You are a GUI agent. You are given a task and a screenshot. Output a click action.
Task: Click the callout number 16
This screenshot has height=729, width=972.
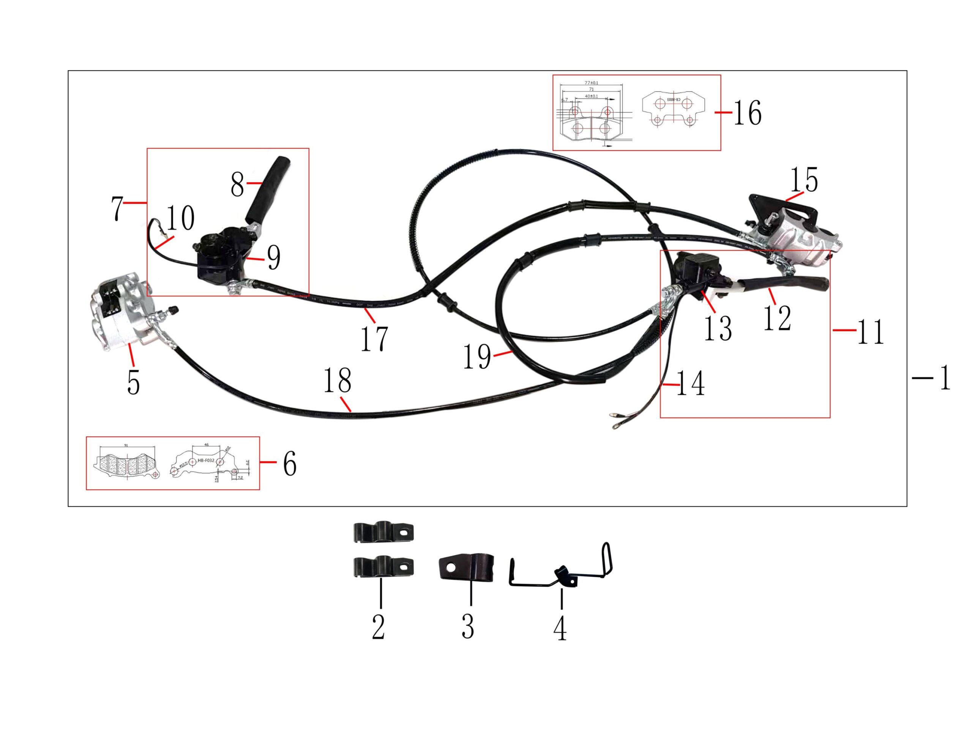748,113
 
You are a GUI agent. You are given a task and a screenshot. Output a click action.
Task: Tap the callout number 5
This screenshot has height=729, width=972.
134,382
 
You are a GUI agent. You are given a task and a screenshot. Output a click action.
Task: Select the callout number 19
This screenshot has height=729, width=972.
477,357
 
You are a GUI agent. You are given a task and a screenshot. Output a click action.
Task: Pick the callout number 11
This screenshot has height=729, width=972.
870,332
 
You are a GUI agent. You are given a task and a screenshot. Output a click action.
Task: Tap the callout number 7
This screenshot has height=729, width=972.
117,208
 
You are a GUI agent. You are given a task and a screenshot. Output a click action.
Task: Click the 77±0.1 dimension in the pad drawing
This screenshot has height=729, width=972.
592,83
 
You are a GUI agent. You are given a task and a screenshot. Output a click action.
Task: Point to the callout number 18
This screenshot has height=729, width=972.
338,380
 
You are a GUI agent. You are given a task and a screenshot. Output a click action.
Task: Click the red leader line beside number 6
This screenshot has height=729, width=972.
268,462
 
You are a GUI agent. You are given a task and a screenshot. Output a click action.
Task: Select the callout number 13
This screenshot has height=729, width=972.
718,328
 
